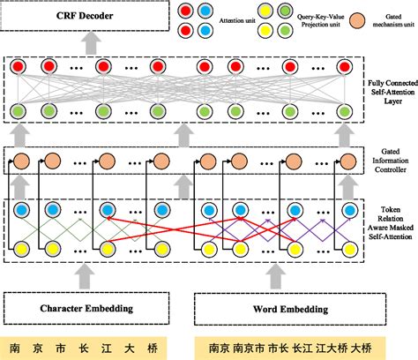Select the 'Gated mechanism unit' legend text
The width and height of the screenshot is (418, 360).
[x=387, y=19]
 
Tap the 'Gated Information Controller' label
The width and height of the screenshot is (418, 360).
[x=390, y=161]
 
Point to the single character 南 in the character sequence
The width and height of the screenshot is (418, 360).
[x=16, y=346]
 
